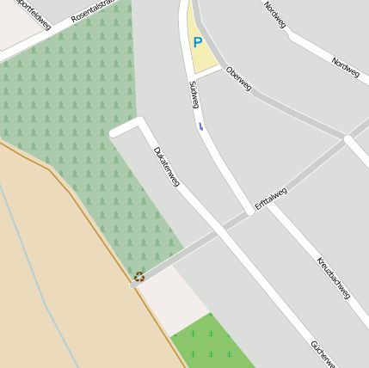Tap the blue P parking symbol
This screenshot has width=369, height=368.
[x=198, y=41]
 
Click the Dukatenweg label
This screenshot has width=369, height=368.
[x=166, y=167]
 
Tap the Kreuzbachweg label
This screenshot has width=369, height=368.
[x=333, y=277]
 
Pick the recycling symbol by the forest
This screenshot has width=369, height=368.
[x=139, y=277]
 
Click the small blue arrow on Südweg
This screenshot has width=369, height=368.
[x=201, y=126]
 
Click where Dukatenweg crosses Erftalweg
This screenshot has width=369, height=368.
[x=221, y=230]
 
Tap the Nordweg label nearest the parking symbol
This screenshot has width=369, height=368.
[x=274, y=15]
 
